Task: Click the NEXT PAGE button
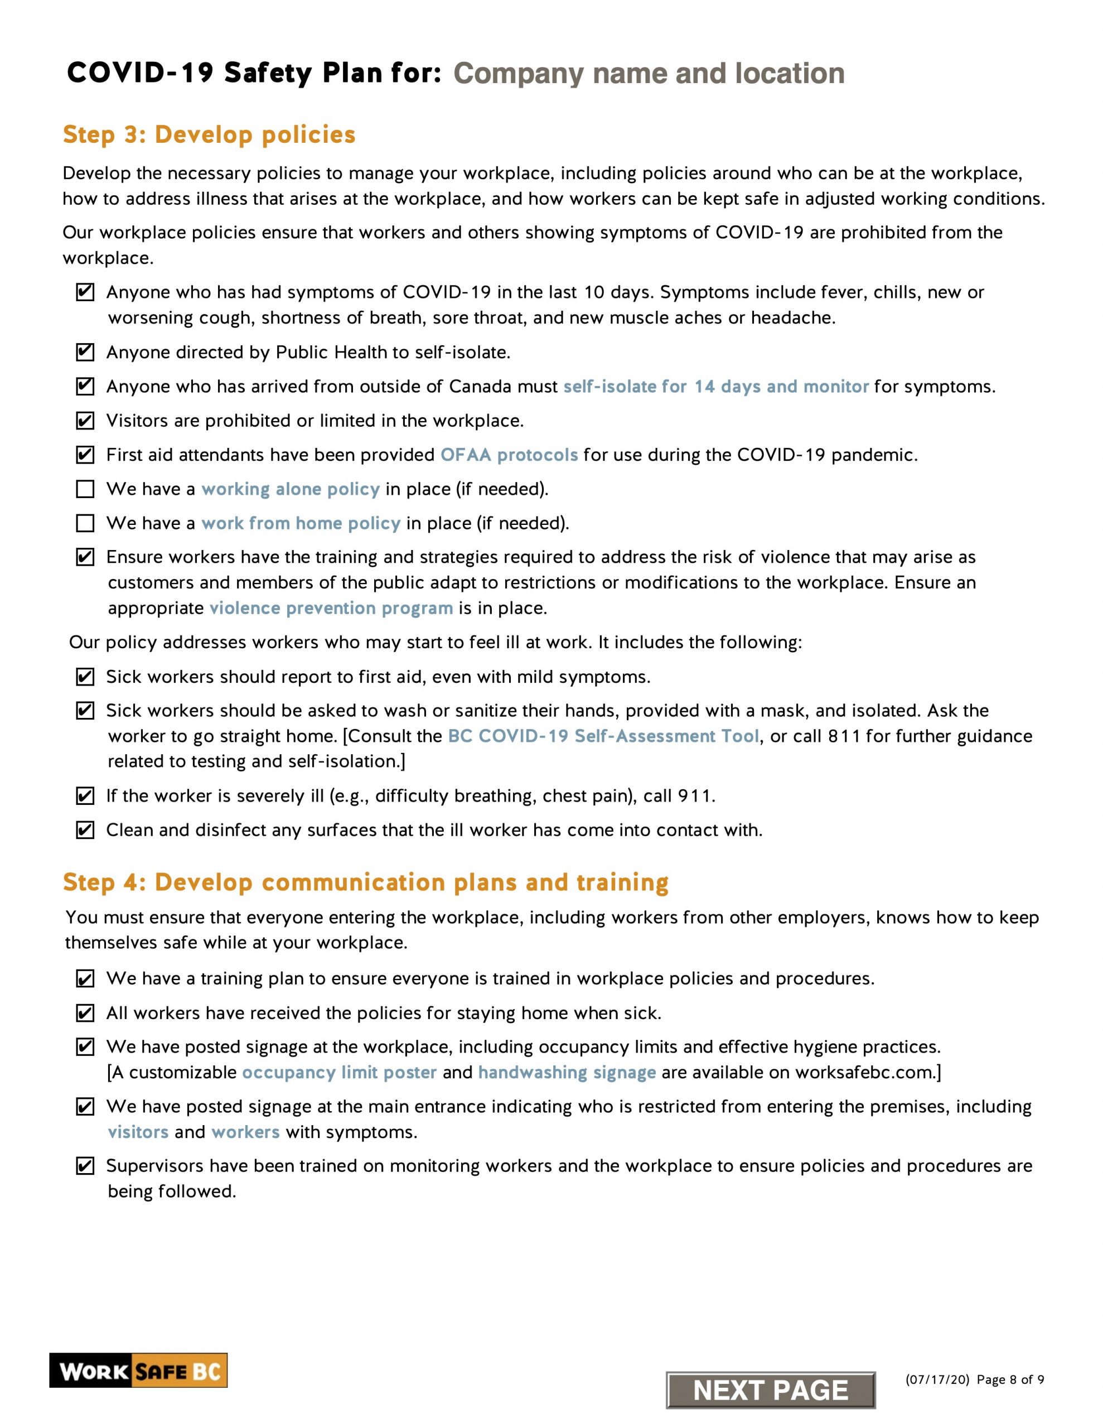(770, 1390)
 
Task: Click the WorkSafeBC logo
(138, 1371)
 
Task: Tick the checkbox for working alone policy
(85, 489)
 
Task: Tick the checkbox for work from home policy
(85, 523)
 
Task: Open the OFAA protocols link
(509, 455)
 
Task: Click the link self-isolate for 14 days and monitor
(715, 387)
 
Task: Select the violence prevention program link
(331, 608)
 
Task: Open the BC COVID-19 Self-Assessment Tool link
(603, 736)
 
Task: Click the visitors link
(138, 1132)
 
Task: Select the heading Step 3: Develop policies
(209, 134)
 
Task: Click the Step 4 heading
(365, 882)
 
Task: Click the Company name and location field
(649, 73)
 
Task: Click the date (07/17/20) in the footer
(936, 1379)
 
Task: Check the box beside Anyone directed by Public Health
(85, 353)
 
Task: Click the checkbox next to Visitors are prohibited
(85, 421)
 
